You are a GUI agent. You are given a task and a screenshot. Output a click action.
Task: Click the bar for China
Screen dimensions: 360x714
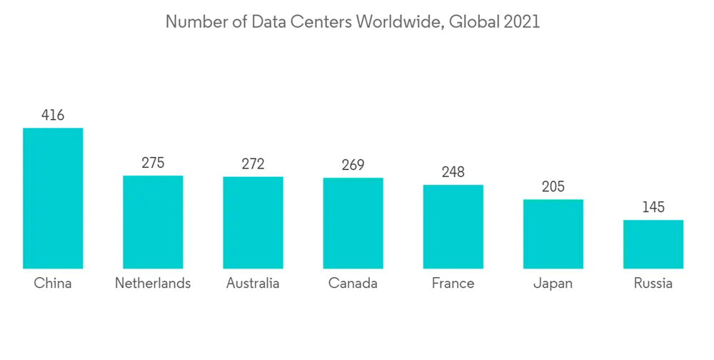click(53, 198)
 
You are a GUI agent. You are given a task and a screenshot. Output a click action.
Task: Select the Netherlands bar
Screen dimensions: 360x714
click(153, 221)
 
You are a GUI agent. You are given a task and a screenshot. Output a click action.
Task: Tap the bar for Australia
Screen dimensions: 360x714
click(253, 222)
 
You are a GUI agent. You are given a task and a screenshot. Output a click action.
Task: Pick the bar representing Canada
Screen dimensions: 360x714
click(353, 223)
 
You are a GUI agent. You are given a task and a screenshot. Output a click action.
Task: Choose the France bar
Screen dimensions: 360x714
click(453, 226)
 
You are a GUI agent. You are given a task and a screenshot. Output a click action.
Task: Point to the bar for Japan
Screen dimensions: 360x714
click(553, 234)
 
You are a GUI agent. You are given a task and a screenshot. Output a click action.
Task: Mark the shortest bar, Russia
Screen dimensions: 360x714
click(653, 244)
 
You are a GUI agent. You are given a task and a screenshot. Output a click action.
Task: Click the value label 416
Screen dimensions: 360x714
click(53, 115)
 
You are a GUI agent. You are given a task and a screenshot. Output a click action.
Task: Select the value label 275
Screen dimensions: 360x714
click(153, 163)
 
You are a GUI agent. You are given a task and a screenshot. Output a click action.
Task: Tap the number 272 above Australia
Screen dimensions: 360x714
click(253, 164)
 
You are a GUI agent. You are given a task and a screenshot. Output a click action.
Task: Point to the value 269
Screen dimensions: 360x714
click(353, 165)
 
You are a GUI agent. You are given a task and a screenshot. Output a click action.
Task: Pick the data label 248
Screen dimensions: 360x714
click(453, 172)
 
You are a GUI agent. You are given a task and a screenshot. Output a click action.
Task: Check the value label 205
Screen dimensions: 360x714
click(553, 186)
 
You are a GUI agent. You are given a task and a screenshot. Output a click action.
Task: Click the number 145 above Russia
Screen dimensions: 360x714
click(653, 207)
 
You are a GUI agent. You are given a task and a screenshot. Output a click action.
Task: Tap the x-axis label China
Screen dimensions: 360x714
click(53, 284)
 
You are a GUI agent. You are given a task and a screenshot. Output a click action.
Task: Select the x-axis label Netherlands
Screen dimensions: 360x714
click(153, 284)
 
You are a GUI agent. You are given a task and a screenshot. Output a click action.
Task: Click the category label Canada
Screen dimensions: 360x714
click(353, 284)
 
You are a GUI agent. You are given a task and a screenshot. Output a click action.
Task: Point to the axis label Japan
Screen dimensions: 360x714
click(553, 284)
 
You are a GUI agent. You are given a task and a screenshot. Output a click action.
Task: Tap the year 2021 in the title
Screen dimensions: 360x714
click(521, 22)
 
